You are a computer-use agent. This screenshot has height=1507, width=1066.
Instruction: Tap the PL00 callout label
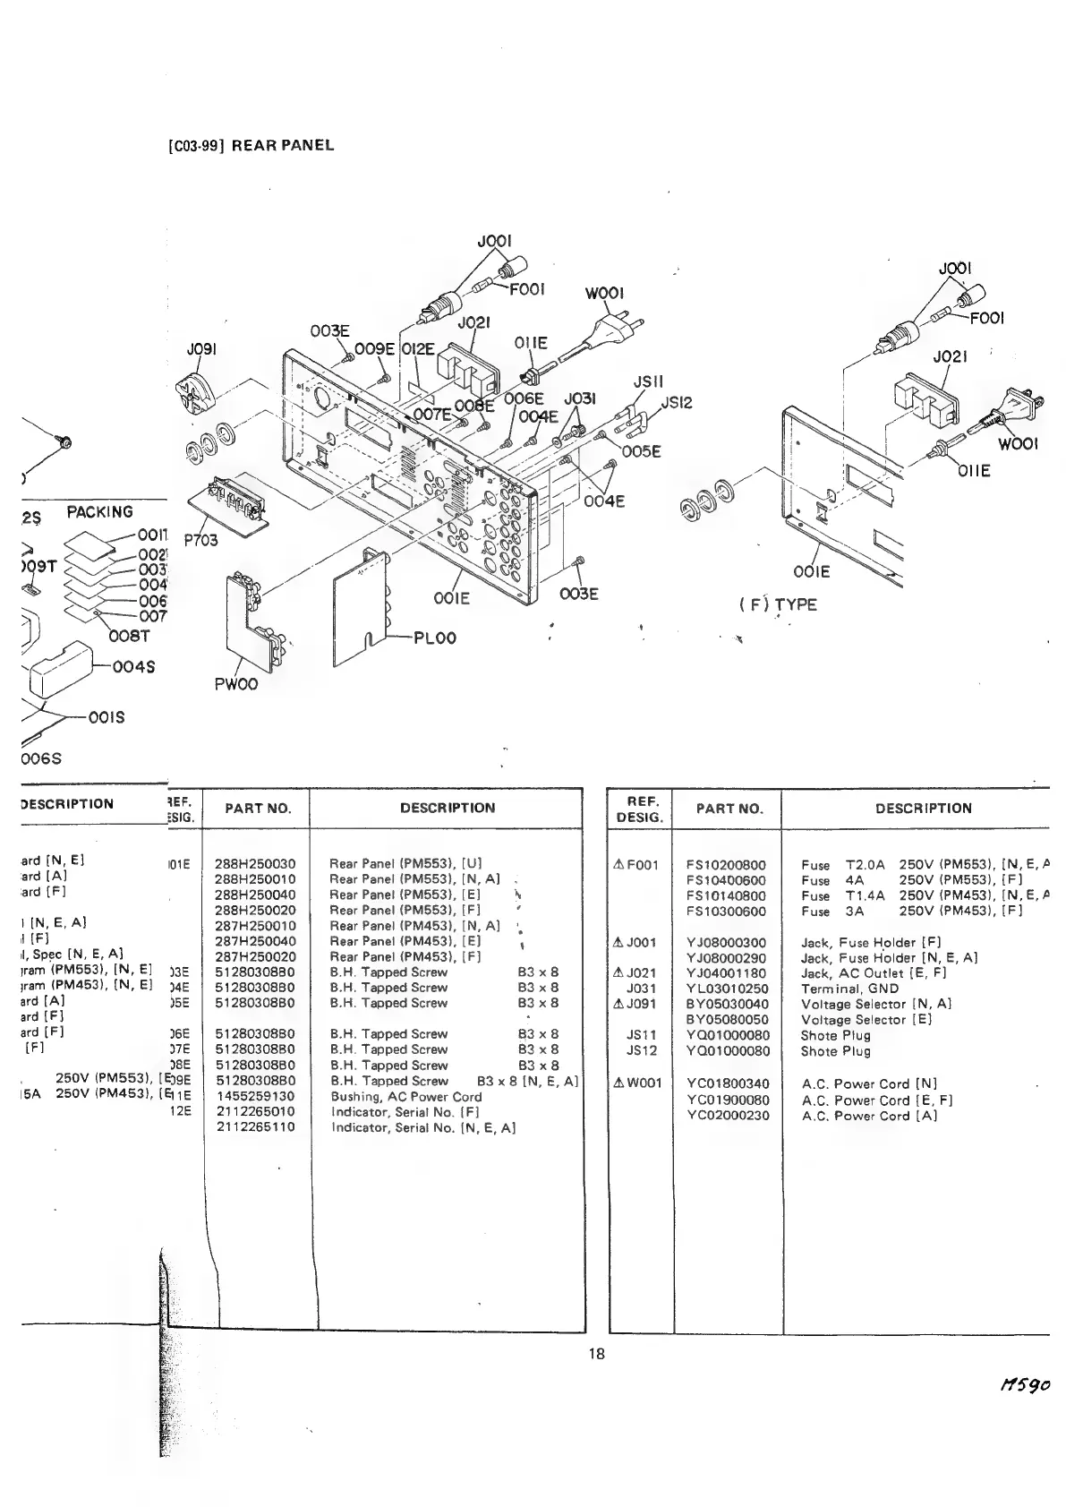[x=434, y=638]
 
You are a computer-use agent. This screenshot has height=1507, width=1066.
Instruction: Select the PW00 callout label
[x=235, y=684]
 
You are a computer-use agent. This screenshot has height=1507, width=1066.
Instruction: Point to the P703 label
[x=201, y=540]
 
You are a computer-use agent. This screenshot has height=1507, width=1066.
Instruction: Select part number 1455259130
[x=255, y=1096]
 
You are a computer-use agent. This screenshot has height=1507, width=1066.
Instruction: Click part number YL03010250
[x=727, y=989]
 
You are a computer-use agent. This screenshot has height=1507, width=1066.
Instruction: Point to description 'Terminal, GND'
[x=849, y=989]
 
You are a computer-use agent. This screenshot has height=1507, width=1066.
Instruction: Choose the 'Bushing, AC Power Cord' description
[x=405, y=1096]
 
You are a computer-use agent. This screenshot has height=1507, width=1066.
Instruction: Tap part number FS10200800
[x=726, y=865]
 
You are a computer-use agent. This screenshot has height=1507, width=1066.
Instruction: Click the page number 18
[x=597, y=1353]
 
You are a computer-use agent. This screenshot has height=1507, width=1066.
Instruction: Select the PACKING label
[x=100, y=512]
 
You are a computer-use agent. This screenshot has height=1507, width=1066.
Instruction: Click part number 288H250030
[x=255, y=864]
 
